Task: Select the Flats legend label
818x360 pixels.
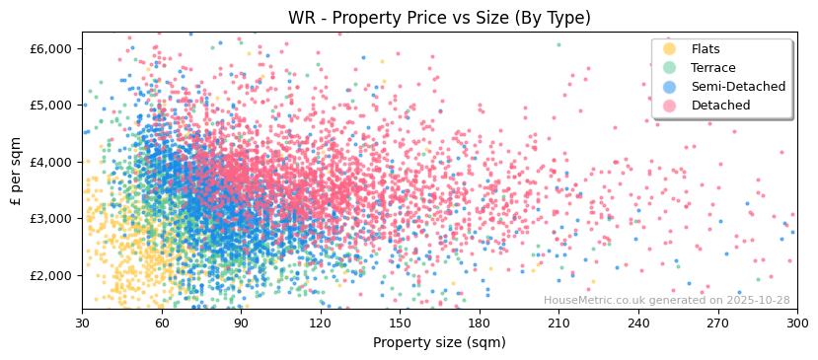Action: pyautogui.click(x=705, y=49)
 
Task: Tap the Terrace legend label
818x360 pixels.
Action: pyautogui.click(x=712, y=68)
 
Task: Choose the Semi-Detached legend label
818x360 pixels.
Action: pyautogui.click(x=738, y=87)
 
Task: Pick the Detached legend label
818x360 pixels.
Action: pyautogui.click(x=720, y=106)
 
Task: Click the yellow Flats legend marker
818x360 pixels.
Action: pyautogui.click(x=669, y=49)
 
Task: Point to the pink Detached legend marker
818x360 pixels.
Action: pyautogui.click(x=669, y=106)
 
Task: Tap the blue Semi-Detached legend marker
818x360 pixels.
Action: pyautogui.click(x=669, y=87)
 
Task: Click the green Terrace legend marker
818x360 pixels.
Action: pyautogui.click(x=669, y=68)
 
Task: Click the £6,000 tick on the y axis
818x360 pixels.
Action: pyautogui.click(x=51, y=48)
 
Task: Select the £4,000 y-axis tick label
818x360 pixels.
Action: pyautogui.click(x=51, y=162)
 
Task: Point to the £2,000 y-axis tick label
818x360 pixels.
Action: pyautogui.click(x=51, y=275)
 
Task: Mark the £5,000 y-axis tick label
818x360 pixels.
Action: pyautogui.click(x=51, y=105)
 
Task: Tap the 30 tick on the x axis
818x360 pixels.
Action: pyautogui.click(x=82, y=323)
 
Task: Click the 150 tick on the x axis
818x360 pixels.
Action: pyautogui.click(x=400, y=323)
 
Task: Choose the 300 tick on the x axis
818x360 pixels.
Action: pyautogui.click(x=796, y=323)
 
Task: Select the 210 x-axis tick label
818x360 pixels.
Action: pyautogui.click(x=558, y=323)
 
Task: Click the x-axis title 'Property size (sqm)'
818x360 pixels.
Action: pyautogui.click(x=439, y=342)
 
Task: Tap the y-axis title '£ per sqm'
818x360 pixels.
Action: pyautogui.click(x=17, y=171)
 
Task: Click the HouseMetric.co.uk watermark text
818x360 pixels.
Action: pyautogui.click(x=666, y=301)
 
